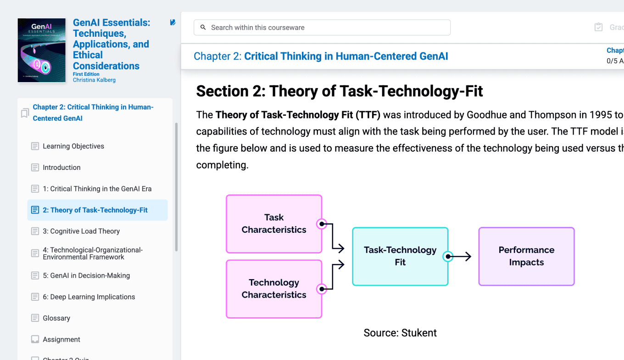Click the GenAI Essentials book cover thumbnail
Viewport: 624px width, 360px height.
[41, 51]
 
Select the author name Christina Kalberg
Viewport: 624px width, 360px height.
[94, 80]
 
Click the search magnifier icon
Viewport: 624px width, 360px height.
[203, 28]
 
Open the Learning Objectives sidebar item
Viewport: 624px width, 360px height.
[73, 146]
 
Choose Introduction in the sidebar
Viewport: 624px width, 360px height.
[61, 168]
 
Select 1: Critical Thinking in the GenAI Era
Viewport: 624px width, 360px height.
[97, 189]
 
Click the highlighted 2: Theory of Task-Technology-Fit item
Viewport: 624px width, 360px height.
[95, 210]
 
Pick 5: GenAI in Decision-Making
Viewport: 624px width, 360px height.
[86, 276]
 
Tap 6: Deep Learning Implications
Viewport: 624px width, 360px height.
[89, 297]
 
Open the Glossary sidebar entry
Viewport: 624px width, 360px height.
[56, 318]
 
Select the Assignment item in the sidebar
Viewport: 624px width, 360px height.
[61, 340]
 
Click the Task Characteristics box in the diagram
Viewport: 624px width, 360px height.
[274, 224]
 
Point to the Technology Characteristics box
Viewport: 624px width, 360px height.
[274, 289]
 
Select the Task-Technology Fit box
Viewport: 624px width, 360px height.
[400, 256]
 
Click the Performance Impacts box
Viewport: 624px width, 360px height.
[526, 256]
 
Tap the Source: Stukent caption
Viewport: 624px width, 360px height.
[400, 333]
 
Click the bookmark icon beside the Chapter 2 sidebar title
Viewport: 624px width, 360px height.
[25, 113]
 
